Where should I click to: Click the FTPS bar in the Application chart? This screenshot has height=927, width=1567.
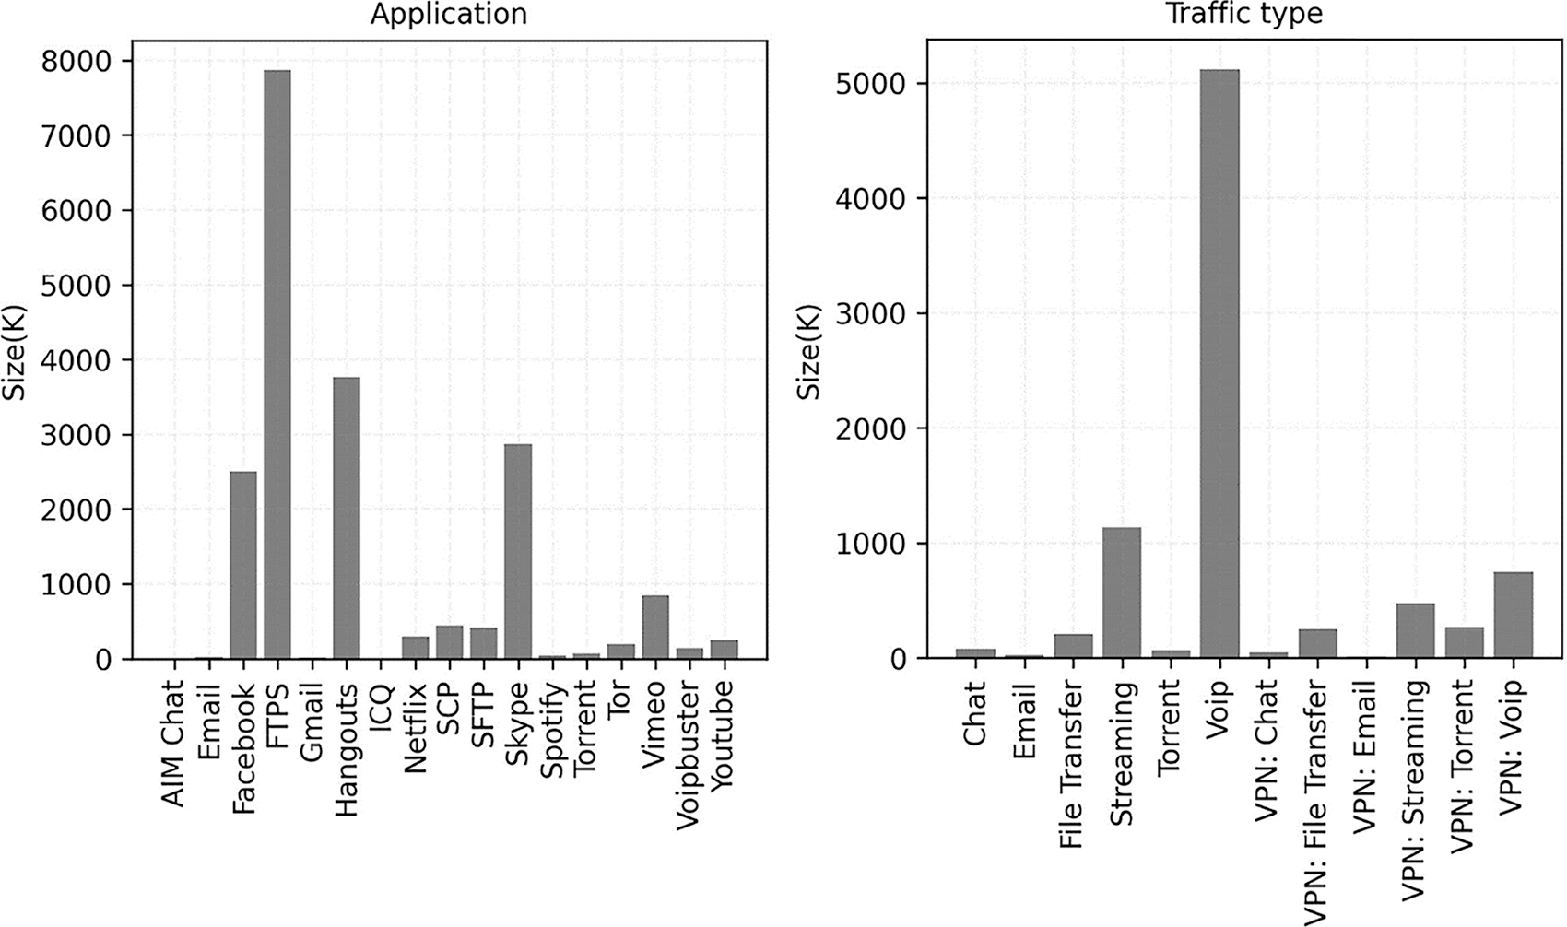click(x=277, y=364)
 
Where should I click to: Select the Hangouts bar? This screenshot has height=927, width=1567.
click(x=346, y=518)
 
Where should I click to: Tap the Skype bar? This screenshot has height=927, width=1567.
click(x=517, y=551)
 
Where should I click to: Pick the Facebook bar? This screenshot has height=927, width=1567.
click(x=242, y=565)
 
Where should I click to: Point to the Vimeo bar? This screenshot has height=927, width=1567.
click(x=654, y=627)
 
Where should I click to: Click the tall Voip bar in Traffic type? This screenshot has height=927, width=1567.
click(x=1219, y=364)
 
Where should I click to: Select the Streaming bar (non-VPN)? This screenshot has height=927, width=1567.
click(x=1122, y=593)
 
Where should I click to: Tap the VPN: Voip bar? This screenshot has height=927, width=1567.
click(x=1513, y=615)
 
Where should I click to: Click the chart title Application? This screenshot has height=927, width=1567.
click(x=449, y=15)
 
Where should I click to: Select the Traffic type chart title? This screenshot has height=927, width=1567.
click(x=1244, y=15)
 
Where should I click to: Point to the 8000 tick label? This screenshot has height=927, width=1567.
click(x=77, y=61)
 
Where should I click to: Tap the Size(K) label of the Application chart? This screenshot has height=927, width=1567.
click(x=15, y=350)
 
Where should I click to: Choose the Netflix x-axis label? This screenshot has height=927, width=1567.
click(x=414, y=728)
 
